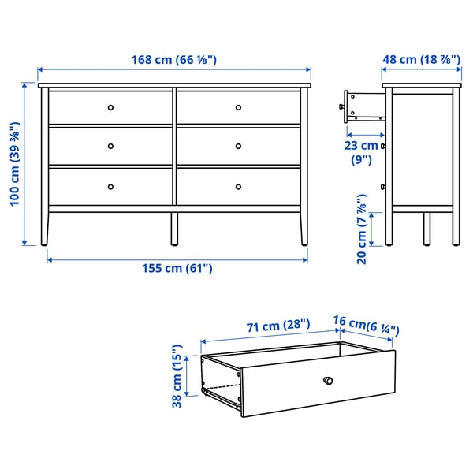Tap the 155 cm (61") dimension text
pyautogui.click(x=177, y=269)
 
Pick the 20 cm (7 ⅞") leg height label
pyautogui.click(x=361, y=229)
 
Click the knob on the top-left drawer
pyautogui.click(x=110, y=106)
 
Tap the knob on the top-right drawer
pyautogui.click(x=238, y=106)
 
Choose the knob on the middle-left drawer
pyautogui.click(x=110, y=146)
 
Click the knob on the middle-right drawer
pyautogui.click(x=238, y=146)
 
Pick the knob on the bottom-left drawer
pyautogui.click(x=110, y=187)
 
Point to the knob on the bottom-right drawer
pyautogui.click(x=238, y=187)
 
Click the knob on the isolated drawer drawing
pyautogui.click(x=329, y=382)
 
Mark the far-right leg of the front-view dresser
pyautogui.click(x=304, y=228)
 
